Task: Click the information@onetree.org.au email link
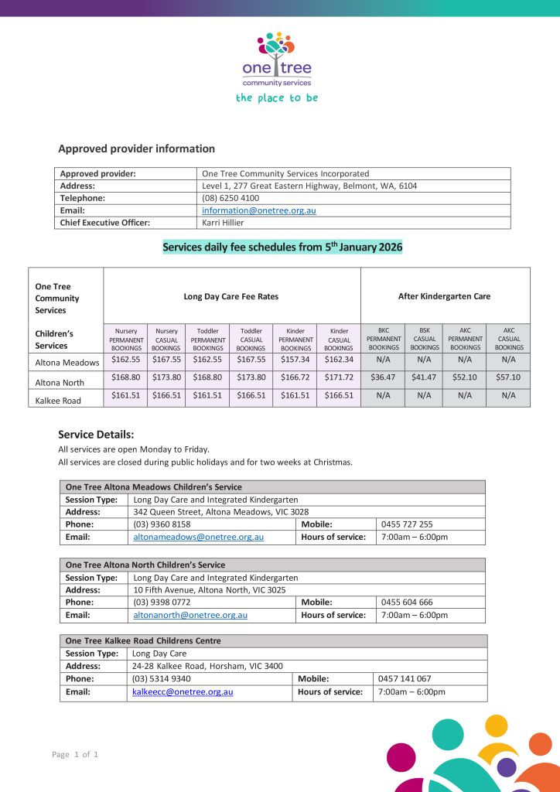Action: [x=258, y=210]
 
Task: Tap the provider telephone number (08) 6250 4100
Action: [x=230, y=198]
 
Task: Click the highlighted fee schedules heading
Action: [x=282, y=247]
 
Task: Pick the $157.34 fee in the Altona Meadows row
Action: [x=295, y=360]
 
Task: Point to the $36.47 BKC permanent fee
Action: [x=384, y=378]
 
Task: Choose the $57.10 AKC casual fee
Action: [x=508, y=378]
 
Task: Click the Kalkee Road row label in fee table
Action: [x=59, y=400]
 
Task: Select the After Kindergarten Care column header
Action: [x=444, y=295]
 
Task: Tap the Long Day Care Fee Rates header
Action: [x=231, y=295]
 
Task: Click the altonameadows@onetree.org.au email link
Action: [x=199, y=537]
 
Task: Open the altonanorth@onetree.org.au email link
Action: [x=190, y=615]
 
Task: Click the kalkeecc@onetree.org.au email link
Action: [x=183, y=691]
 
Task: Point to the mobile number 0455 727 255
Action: [x=407, y=524]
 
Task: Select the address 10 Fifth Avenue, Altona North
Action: [x=209, y=590]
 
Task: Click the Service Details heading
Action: [x=96, y=435]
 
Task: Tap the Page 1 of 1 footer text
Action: [x=75, y=754]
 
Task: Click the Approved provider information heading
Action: [x=136, y=148]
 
